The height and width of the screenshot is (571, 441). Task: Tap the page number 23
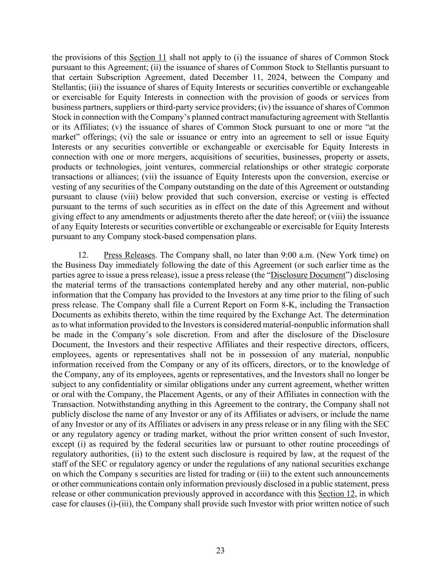220,551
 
